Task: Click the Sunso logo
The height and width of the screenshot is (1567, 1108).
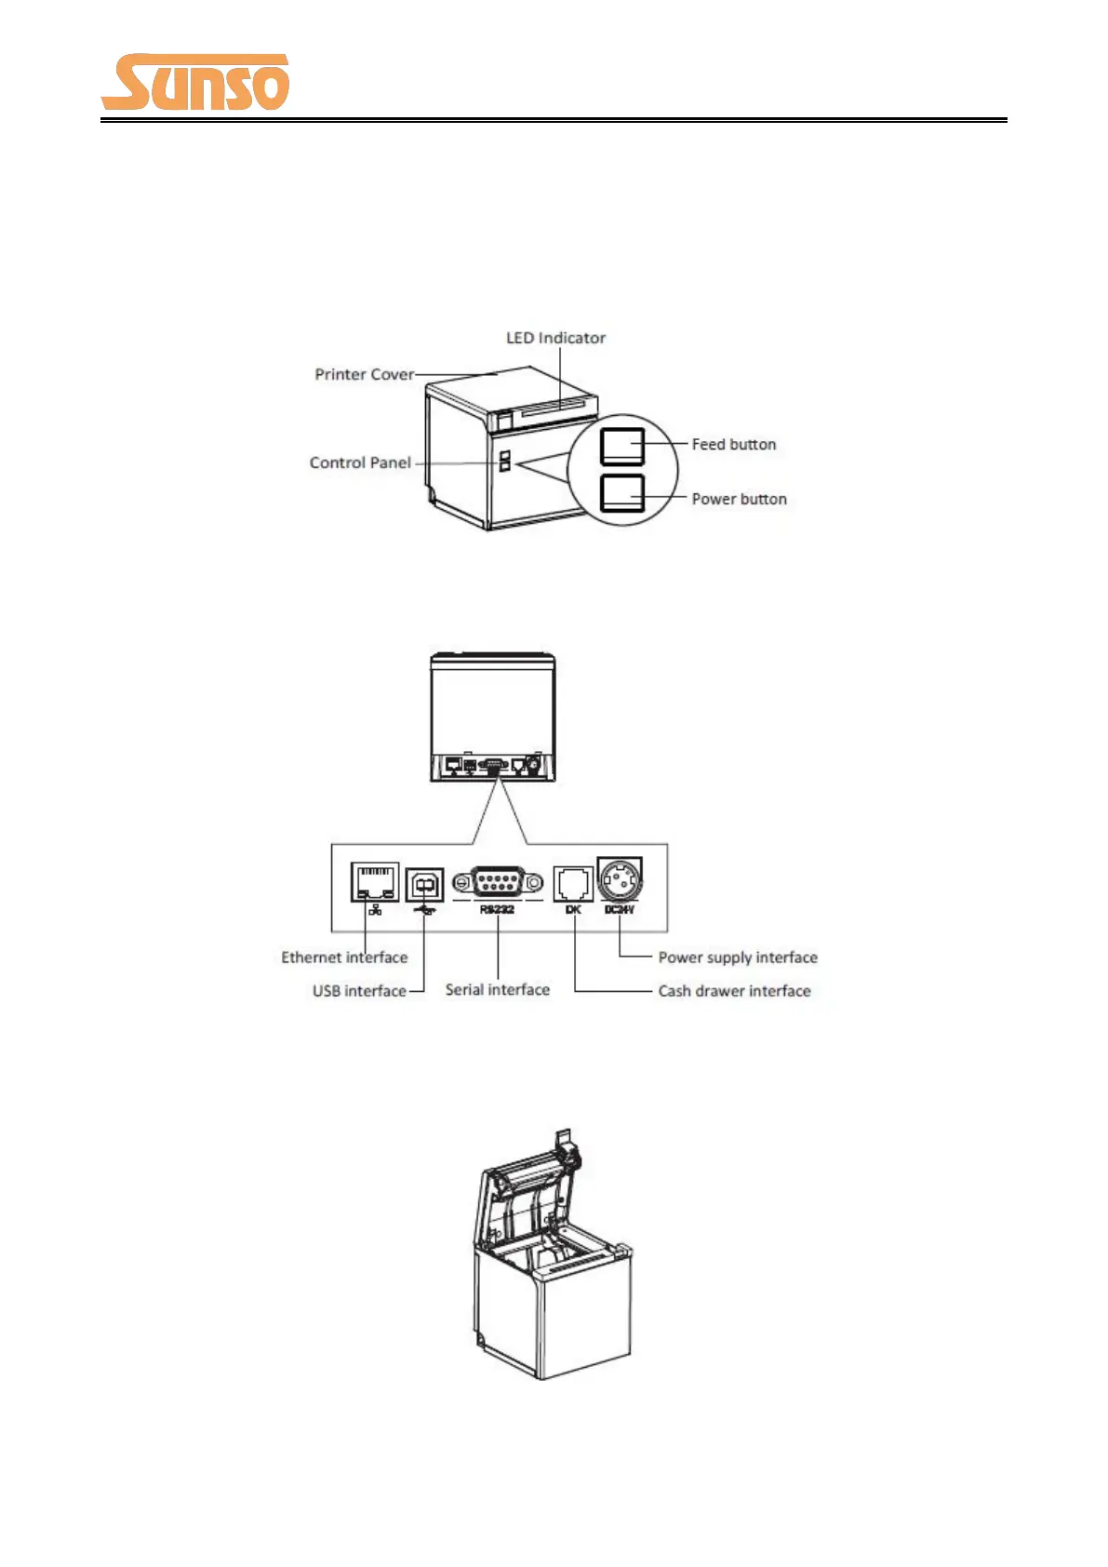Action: (195, 82)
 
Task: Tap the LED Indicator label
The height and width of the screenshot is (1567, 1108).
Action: (555, 338)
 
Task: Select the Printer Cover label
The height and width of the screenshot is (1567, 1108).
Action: (364, 374)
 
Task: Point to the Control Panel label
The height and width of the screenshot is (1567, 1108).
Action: (360, 462)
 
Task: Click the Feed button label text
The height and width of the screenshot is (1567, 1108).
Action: (733, 445)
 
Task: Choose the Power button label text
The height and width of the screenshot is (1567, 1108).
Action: (739, 499)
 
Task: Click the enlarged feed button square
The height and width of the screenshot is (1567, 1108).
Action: (622, 447)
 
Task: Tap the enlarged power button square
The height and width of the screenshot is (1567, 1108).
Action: (622, 493)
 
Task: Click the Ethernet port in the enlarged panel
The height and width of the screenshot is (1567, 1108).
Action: (374, 882)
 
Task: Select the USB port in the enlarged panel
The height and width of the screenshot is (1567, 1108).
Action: (424, 883)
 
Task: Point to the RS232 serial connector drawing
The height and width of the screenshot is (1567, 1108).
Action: (498, 881)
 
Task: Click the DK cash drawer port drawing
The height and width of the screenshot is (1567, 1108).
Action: (573, 883)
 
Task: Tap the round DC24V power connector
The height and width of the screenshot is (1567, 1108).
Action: (620, 878)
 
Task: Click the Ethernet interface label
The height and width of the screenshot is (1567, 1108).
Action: (344, 958)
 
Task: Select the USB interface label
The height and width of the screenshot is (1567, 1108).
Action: (359, 991)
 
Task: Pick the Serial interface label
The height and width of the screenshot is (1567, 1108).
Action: (497, 990)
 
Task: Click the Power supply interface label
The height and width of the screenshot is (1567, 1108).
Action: (738, 958)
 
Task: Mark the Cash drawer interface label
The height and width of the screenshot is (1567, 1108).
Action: (734, 991)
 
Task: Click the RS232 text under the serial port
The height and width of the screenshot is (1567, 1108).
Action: (497, 909)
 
